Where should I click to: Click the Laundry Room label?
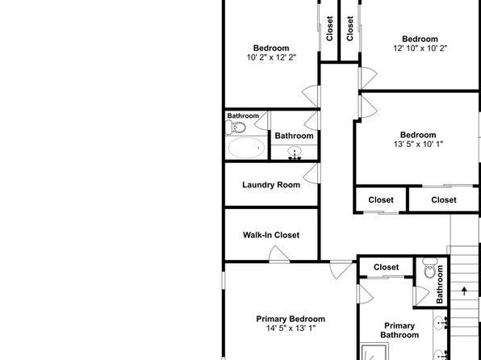pyautogui.click(x=271, y=185)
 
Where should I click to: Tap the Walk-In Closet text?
pyautogui.click(x=271, y=235)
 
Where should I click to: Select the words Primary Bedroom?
pyautogui.click(x=291, y=319)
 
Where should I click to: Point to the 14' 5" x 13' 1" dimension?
pyautogui.click(x=291, y=328)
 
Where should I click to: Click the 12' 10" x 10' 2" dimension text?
pyautogui.click(x=420, y=48)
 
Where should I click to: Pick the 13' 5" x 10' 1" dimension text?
pyautogui.click(x=418, y=144)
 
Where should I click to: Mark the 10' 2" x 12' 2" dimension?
pyautogui.click(x=271, y=57)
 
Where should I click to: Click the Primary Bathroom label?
pyautogui.click(x=399, y=330)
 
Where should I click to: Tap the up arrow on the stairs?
pyautogui.click(x=464, y=291)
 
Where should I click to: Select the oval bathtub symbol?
pyautogui.click(x=246, y=148)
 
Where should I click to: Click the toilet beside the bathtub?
pyautogui.click(x=236, y=128)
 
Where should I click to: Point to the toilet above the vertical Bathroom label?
pyautogui.click(x=430, y=268)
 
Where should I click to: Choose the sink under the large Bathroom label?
pyautogui.click(x=295, y=153)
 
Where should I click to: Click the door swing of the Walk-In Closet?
pyautogui.click(x=278, y=253)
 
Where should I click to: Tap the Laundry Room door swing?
pyautogui.click(x=311, y=174)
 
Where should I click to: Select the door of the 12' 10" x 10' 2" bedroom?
pyautogui.click(x=368, y=77)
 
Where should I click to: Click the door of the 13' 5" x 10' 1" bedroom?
pyautogui.click(x=368, y=107)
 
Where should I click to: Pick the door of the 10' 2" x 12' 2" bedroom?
pyautogui.click(x=311, y=96)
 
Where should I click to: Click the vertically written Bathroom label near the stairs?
pyautogui.click(x=440, y=284)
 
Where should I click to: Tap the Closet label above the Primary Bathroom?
pyautogui.click(x=387, y=267)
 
